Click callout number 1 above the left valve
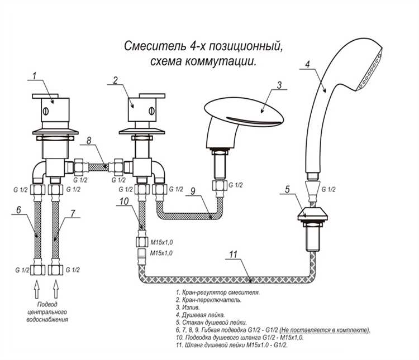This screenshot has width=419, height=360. point(34,74)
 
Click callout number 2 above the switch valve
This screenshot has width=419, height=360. point(115,80)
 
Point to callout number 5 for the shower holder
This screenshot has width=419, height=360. point(287,189)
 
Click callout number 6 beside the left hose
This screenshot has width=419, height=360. point(18,210)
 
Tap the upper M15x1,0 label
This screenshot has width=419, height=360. point(161,242)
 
